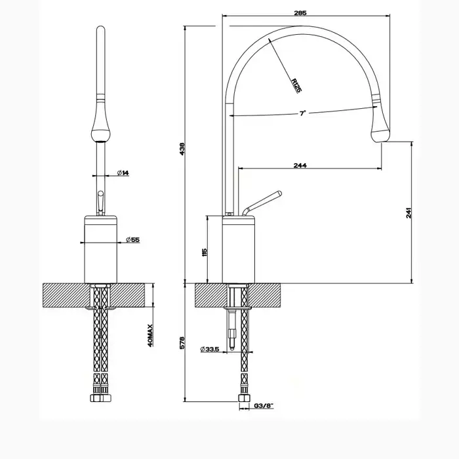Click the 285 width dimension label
coord(300,13)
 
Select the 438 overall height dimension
coord(182,149)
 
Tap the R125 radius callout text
coord(296,85)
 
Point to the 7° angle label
coord(302,113)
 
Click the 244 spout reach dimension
coord(300,165)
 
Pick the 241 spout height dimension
coord(409,213)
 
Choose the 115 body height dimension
coord(205,252)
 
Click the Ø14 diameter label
coord(123,173)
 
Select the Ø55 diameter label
coord(133,240)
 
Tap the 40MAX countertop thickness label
coord(150,336)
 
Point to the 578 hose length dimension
coord(182,342)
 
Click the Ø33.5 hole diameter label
coord(210,349)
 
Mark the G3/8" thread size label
coord(264,406)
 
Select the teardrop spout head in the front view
coord(101,129)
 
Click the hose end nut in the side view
coord(245,398)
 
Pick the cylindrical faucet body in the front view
coord(101,249)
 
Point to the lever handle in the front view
coord(101,203)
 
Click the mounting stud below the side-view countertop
coord(232,329)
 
